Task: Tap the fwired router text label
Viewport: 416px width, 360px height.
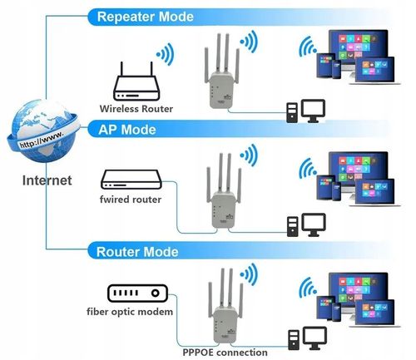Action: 131,200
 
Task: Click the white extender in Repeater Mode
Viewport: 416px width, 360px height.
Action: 220,86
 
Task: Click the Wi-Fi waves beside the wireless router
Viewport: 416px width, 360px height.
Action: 165,56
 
